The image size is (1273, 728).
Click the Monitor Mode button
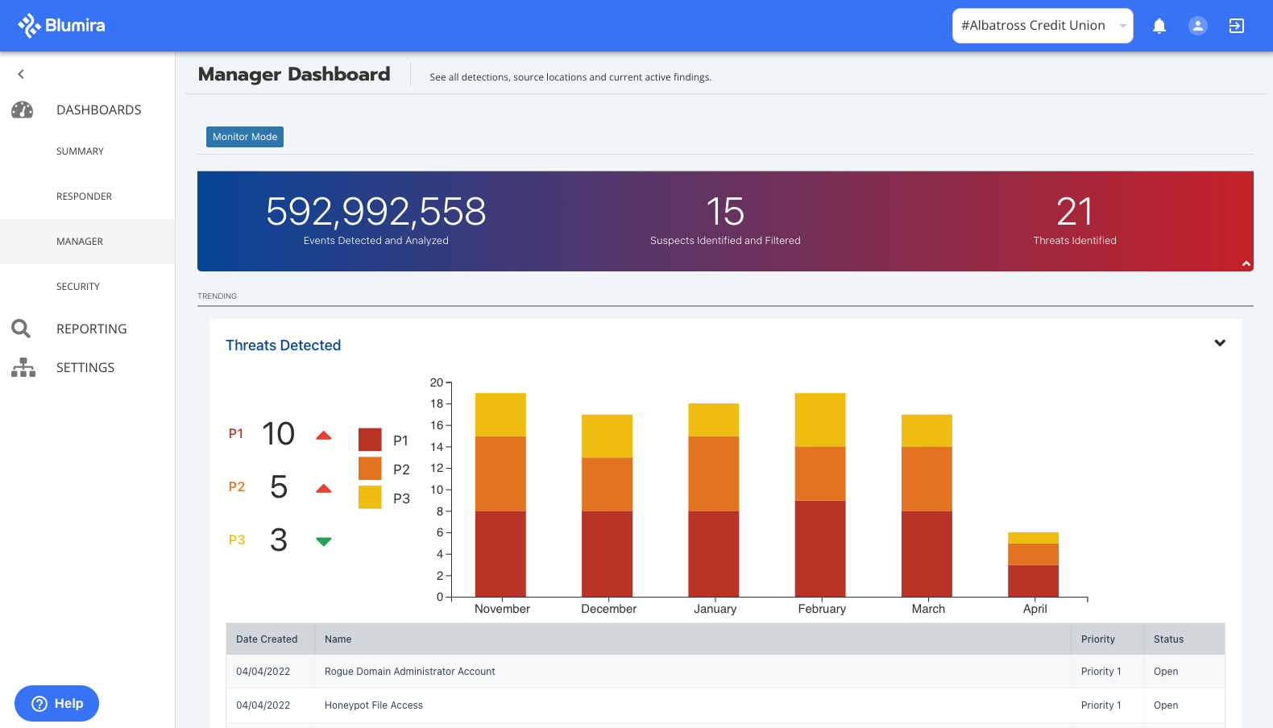point(245,137)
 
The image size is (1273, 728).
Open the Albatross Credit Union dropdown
point(1042,26)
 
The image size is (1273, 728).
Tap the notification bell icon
point(1159,26)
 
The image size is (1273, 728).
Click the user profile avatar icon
point(1198,26)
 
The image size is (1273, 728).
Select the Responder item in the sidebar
point(84,196)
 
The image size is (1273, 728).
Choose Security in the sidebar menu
point(78,287)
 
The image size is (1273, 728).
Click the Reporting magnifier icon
point(21,329)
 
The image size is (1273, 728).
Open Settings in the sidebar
point(85,367)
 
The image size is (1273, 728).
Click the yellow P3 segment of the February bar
point(820,420)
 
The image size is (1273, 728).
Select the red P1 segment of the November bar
point(500,554)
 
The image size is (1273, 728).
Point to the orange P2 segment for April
point(1033,554)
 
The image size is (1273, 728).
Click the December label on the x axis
point(608,609)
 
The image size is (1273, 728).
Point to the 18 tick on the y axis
point(437,403)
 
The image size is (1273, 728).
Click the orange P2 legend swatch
point(370,469)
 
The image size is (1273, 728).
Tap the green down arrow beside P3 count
point(324,541)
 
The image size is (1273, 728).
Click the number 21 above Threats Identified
point(1074,212)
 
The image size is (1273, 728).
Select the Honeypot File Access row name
point(374,705)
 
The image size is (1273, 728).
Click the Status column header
point(1168,639)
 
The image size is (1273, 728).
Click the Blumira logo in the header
point(61,26)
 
